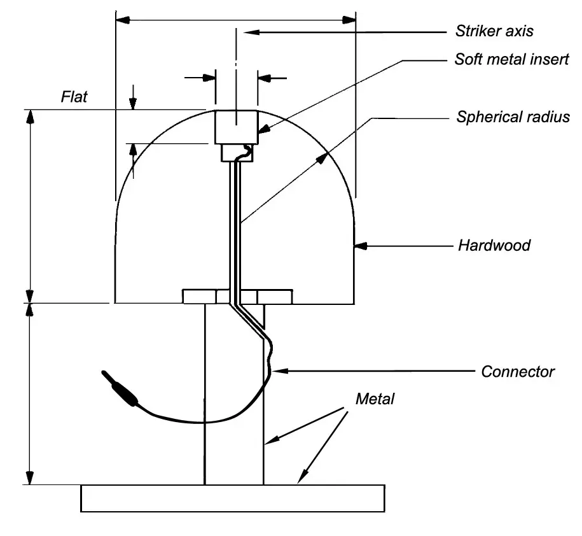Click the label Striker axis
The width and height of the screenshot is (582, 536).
point(494,31)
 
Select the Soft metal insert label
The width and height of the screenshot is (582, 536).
point(511,59)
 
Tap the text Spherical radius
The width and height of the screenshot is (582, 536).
point(513,117)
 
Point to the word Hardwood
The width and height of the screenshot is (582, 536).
point(494,245)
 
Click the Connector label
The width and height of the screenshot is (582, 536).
point(518,371)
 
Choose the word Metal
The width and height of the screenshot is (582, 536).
point(375,399)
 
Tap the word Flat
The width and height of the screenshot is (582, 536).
point(74,97)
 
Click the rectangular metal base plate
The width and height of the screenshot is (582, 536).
point(232,498)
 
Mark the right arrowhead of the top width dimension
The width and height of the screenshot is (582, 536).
point(349,20)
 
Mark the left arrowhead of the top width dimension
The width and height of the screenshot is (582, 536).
point(122,20)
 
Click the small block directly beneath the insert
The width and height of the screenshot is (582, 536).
point(236,153)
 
